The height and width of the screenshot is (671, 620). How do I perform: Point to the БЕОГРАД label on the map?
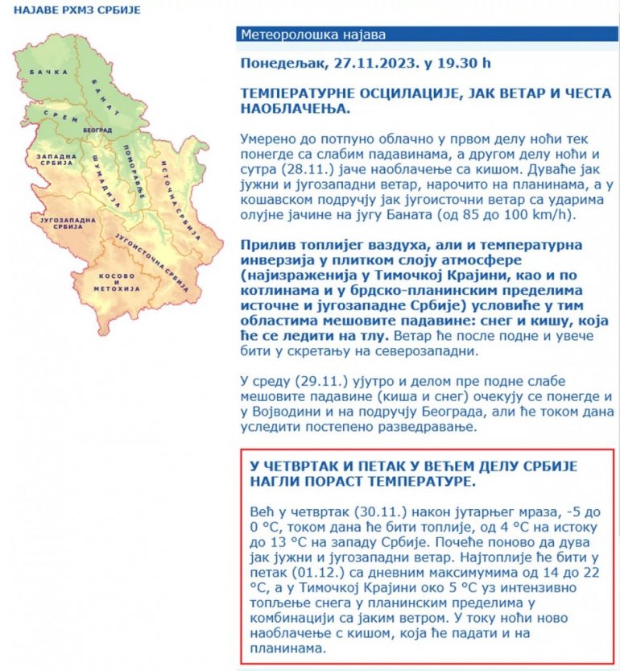point(96,130)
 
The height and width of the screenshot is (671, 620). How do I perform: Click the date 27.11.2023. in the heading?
point(360,63)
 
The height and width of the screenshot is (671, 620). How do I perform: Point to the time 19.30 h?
point(462,63)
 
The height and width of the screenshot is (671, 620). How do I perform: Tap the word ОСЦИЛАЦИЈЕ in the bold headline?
point(397,93)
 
